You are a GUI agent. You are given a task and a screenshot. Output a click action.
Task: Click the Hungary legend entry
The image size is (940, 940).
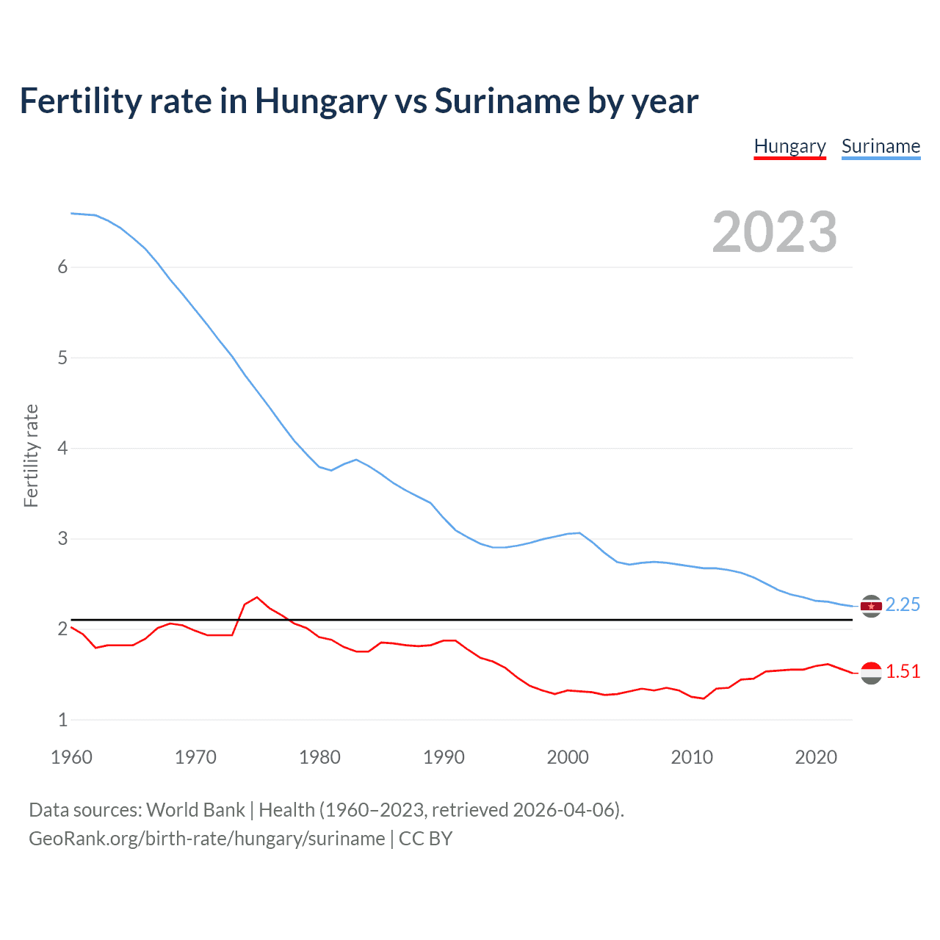coord(789,146)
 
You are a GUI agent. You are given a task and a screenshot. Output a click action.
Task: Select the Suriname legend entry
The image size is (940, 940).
coord(881,146)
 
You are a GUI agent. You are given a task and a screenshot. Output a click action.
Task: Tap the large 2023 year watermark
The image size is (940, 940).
coord(774,232)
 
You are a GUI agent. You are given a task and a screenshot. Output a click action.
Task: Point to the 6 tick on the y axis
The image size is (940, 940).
coord(62,267)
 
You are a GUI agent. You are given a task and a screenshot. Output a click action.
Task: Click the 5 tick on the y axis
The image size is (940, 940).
coord(62,358)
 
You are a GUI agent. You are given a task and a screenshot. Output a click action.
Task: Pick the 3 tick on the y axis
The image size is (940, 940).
coord(62,539)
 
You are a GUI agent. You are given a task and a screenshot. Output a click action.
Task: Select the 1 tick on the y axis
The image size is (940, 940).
coord(62,720)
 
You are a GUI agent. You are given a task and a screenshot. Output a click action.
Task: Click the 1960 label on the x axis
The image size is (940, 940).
coord(71,757)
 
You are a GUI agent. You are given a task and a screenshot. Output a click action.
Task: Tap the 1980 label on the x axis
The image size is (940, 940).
coord(319,757)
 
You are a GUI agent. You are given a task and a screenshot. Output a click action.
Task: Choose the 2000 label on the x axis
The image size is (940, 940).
coord(568,757)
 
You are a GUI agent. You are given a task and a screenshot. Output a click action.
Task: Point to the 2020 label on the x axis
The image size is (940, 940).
coord(816,757)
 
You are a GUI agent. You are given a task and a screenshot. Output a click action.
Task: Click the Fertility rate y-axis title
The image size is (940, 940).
coord(31,455)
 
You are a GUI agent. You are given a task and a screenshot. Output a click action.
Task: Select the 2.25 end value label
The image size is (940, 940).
coord(903,604)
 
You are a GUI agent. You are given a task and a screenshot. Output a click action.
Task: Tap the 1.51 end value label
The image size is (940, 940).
coord(903,672)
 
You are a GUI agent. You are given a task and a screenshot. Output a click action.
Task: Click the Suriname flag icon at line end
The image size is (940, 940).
coord(871,606)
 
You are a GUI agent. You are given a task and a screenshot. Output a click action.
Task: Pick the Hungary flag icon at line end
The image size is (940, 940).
coord(871,673)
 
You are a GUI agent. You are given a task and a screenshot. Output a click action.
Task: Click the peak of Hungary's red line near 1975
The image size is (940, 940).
coord(257,597)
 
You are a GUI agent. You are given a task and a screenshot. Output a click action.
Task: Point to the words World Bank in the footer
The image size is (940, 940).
coord(195,810)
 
